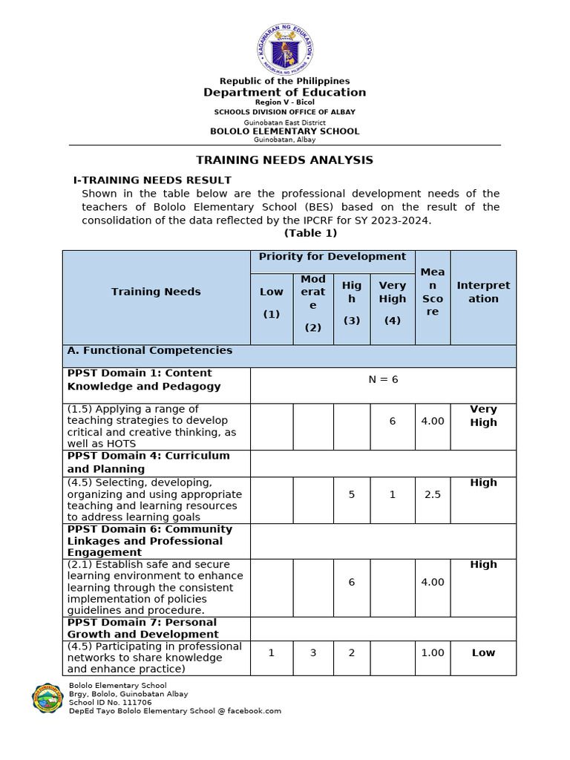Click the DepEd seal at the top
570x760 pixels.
pyautogui.click(x=284, y=47)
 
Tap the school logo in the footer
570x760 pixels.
pyautogui.click(x=47, y=698)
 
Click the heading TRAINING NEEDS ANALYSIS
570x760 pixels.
pyautogui.click(x=284, y=160)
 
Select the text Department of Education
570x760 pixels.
pyautogui.click(x=284, y=92)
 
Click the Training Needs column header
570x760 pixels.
pyautogui.click(x=156, y=292)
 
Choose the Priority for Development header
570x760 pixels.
pyautogui.click(x=332, y=257)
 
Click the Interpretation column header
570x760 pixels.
pyautogui.click(x=483, y=292)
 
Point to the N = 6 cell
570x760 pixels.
pyautogui.click(x=383, y=379)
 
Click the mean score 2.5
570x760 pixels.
pyautogui.click(x=433, y=494)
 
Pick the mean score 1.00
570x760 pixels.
pyautogui.click(x=433, y=653)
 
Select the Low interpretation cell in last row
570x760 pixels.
pyautogui.click(x=483, y=653)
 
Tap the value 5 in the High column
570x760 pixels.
pyautogui.click(x=352, y=494)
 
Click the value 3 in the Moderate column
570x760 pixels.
pyautogui.click(x=313, y=653)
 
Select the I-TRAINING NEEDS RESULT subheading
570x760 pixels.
pyautogui.click(x=152, y=180)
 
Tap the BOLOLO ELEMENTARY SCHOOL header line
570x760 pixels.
pyautogui.click(x=284, y=131)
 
